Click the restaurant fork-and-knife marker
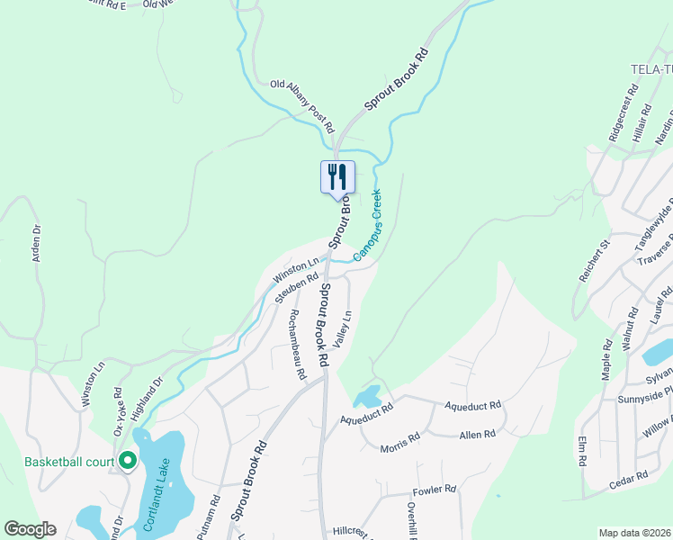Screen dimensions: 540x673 point(337,175)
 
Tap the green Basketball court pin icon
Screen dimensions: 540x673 point(127,462)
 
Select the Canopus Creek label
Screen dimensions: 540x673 point(367,225)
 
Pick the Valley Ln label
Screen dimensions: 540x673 point(342,328)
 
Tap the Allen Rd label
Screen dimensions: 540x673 point(477,434)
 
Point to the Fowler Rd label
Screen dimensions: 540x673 point(435,490)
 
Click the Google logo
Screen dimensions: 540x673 point(30,529)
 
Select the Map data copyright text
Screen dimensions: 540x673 point(634,533)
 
